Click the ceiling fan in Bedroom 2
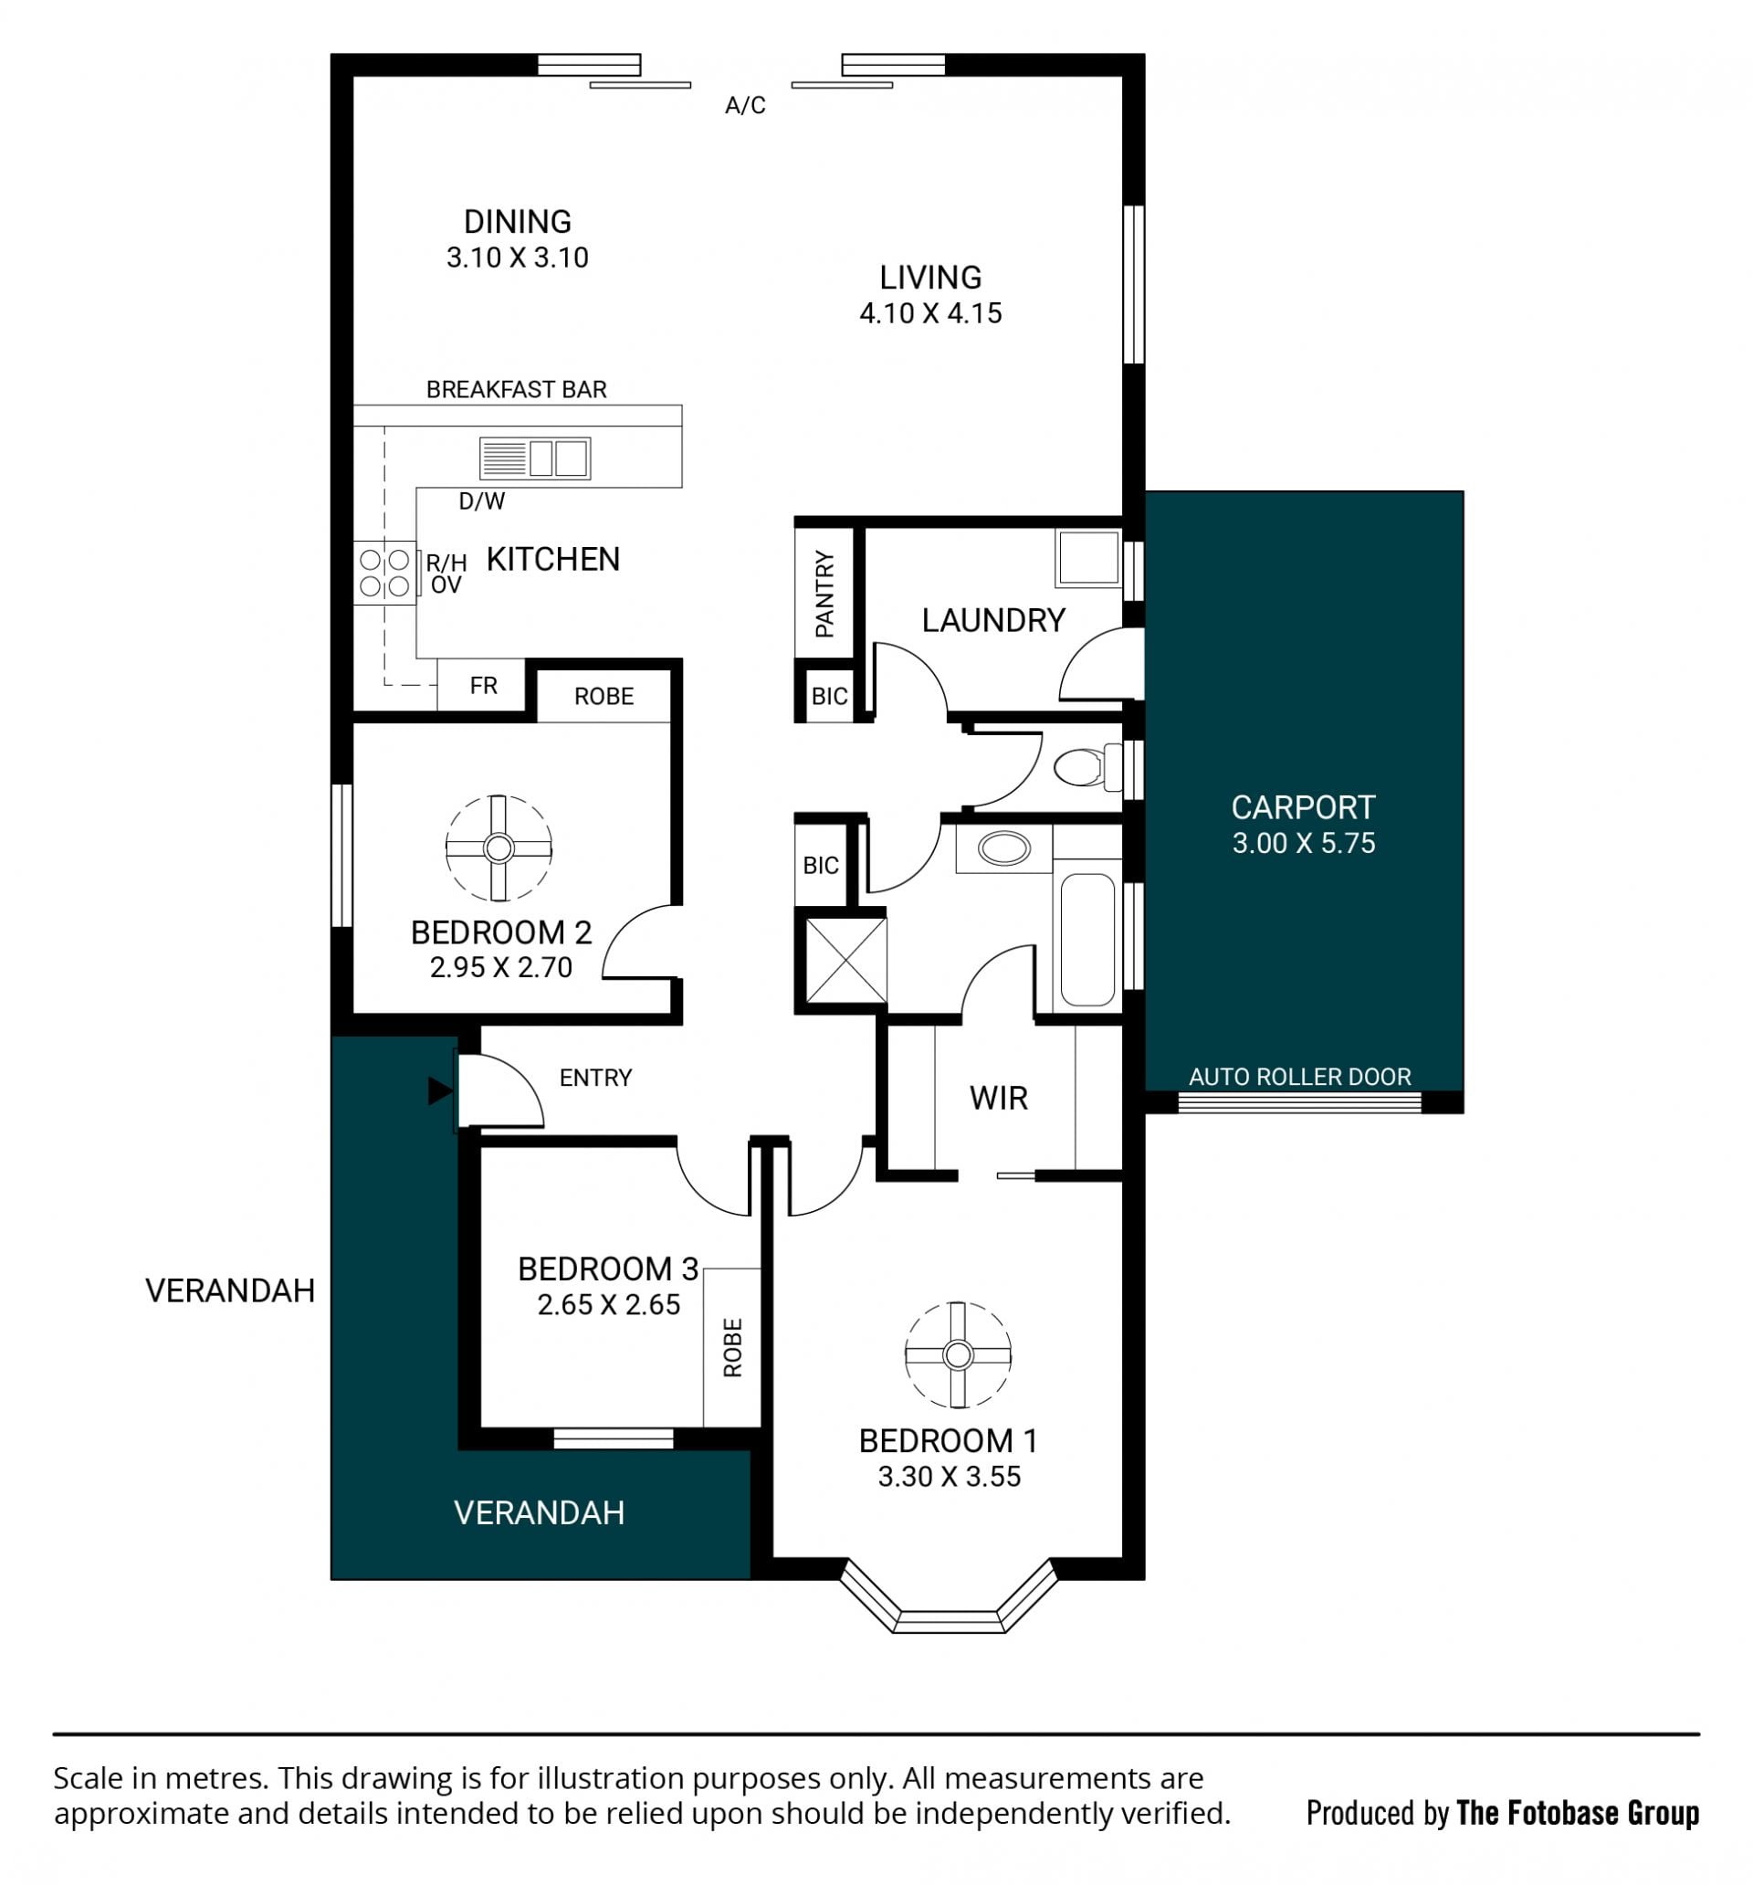coord(499,848)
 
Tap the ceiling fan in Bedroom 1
coord(958,1355)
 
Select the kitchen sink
coord(535,458)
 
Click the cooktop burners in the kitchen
coord(385,573)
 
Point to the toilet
coord(1087,767)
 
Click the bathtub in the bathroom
coord(1087,939)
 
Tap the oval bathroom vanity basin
coord(1004,848)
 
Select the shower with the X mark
coord(845,961)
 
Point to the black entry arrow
coord(440,1091)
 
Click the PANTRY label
coord(824,594)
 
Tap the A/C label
coord(745,105)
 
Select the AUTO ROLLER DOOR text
coord(1300,1076)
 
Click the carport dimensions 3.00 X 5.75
coord(1304,843)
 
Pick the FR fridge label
coord(484,686)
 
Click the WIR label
coord(998,1098)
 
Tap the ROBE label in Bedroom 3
coord(732,1347)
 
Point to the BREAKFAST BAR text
coord(517,390)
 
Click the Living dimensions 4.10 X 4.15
coord(930,313)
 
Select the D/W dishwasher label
coord(482,501)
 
